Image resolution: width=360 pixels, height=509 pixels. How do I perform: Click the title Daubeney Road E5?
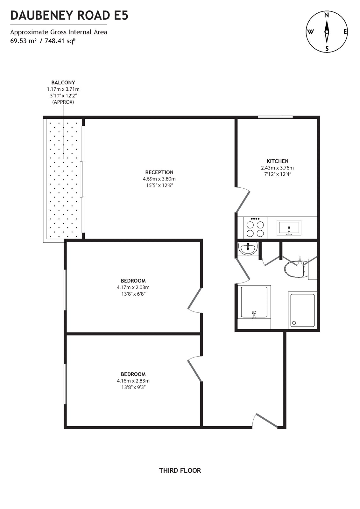69,15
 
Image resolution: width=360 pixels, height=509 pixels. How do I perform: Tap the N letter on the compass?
327,15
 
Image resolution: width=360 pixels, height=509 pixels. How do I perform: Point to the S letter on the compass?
327,49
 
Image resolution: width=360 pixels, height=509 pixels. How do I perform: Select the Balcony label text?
63,83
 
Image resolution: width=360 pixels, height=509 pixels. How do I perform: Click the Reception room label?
159,172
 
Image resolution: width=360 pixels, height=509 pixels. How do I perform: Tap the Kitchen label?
278,161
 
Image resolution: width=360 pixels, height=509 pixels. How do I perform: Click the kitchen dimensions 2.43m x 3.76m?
278,168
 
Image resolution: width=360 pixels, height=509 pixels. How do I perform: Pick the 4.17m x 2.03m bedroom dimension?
133,287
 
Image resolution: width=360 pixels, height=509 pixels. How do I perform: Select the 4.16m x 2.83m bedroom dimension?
133,381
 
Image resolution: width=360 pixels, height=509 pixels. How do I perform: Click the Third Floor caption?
180,470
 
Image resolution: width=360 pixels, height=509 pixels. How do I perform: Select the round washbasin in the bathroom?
248,248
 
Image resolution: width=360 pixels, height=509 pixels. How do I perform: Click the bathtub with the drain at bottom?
254,302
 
